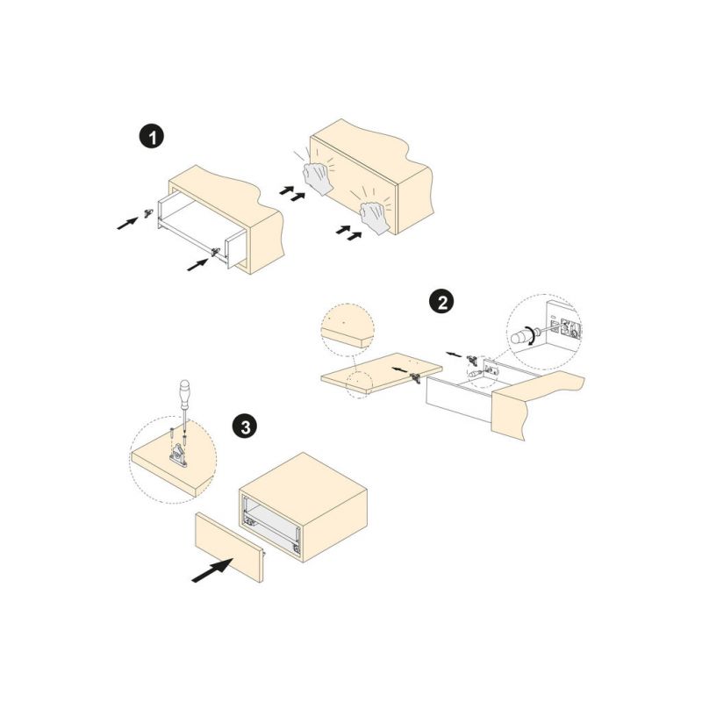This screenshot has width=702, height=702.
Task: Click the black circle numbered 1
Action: tap(152, 137)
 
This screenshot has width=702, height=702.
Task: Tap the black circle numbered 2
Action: tap(442, 303)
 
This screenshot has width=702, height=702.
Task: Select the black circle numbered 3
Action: tap(245, 427)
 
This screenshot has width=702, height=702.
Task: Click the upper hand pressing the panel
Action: tap(318, 178)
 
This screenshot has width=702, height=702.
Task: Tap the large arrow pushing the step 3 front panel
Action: tap(212, 569)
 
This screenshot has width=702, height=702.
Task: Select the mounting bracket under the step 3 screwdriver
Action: tap(178, 455)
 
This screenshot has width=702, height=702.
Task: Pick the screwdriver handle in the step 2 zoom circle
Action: tap(519, 336)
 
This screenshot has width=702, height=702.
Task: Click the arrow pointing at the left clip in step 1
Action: tap(127, 223)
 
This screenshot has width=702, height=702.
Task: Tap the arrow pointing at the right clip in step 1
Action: tap(197, 264)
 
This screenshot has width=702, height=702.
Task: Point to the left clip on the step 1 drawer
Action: tap(148, 213)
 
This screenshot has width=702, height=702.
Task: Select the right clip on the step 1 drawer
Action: tap(216, 253)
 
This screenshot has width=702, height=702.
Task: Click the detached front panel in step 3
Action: tap(229, 547)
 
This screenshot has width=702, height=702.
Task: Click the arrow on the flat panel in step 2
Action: tap(400, 369)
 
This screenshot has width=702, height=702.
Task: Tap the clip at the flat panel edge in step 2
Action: tap(416, 379)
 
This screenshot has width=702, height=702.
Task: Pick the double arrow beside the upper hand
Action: tap(292, 193)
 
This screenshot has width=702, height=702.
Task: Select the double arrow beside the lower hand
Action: tap(348, 233)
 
